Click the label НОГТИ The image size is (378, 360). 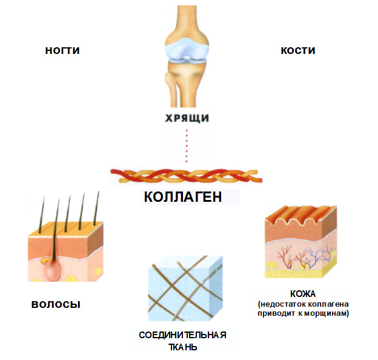(62, 51)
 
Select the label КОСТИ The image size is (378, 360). (298, 51)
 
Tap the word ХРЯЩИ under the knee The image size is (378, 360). (187, 118)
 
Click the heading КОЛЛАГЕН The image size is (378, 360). (183, 197)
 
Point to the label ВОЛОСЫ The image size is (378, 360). (56, 304)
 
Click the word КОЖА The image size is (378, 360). (303, 294)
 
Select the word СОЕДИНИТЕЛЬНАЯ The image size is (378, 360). (182, 335)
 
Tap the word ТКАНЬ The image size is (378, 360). (182, 347)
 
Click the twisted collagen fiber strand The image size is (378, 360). (187, 176)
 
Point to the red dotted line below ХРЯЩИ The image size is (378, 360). (187, 146)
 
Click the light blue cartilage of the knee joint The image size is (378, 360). (187, 50)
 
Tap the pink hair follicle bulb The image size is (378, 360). (53, 270)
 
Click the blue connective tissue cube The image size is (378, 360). (185, 288)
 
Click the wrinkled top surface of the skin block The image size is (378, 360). (301, 215)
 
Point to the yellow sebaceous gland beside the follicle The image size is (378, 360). (45, 261)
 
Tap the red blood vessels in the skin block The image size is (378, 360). (290, 256)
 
